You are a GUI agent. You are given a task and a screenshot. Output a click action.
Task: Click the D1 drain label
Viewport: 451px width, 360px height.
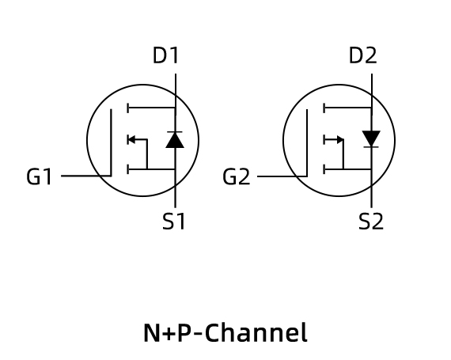point(166,55)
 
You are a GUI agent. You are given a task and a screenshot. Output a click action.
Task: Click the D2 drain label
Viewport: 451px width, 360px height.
point(362,55)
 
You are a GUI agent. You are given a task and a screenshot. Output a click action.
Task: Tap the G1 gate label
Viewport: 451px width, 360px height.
point(39,176)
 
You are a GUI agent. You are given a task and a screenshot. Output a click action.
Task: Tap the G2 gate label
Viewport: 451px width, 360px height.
point(237,176)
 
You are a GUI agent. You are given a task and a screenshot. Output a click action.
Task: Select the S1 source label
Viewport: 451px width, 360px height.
point(174,222)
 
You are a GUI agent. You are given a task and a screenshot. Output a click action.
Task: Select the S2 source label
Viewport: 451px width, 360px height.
point(371,222)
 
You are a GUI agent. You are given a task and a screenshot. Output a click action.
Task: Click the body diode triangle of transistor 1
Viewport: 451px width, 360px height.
point(175,140)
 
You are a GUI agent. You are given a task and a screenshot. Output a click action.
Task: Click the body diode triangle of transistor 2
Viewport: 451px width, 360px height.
point(371,138)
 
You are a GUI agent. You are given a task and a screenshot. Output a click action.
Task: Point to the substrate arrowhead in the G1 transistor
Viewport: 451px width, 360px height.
point(131,140)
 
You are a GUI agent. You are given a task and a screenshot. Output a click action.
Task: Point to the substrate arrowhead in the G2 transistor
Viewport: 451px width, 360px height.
point(340,140)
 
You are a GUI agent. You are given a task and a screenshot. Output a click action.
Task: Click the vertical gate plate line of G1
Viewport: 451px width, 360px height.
point(111,142)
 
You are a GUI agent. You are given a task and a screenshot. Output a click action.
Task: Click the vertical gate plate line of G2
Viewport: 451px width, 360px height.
point(307,143)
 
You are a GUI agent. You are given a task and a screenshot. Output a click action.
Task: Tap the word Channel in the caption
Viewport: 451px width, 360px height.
point(256,332)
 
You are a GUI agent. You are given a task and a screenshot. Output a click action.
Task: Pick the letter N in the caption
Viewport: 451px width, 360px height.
point(152,333)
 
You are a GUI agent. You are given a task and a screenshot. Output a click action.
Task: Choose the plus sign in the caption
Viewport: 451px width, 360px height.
point(169,334)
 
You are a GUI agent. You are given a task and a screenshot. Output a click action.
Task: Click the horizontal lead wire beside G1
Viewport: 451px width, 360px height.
point(85,176)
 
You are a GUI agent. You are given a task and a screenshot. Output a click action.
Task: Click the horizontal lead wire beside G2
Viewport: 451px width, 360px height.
point(282,176)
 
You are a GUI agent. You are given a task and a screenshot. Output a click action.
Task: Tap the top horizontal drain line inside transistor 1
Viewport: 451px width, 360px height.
point(152,108)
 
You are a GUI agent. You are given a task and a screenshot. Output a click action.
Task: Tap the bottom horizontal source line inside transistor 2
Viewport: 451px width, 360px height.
point(348,169)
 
